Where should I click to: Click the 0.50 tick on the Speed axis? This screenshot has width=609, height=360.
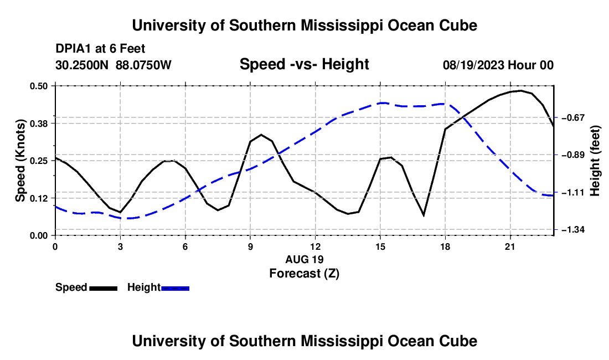pos(39,86)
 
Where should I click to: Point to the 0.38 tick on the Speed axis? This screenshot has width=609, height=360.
pos(39,124)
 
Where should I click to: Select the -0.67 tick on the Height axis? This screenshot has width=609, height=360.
pos(572,117)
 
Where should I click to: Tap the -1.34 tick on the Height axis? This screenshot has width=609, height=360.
pos(572,230)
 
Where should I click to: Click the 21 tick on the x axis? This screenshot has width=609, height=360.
pos(510,246)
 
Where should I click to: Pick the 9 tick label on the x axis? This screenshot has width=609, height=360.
pos(250,246)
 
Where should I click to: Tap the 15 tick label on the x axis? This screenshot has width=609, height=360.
pos(380,246)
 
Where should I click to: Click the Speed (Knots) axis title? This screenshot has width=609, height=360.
pos(20,161)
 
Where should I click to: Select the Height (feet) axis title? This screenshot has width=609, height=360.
pos(595,161)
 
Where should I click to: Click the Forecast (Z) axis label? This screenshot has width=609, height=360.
pos(304,274)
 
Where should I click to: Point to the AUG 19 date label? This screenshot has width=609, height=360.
pos(304,259)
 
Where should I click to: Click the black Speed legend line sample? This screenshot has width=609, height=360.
pos(104,288)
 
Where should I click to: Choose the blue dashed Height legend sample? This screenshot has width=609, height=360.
pos(175,288)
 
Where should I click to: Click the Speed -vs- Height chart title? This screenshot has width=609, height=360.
pos(304,64)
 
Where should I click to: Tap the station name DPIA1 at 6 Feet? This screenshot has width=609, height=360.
pos(100,49)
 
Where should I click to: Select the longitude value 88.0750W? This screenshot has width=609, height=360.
pos(143,65)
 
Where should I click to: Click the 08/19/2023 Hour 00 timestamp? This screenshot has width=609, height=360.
pos(498,65)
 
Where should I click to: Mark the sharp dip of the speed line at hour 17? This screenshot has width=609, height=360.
pos(424,215)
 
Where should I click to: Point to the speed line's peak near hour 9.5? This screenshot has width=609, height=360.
pos(261,135)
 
